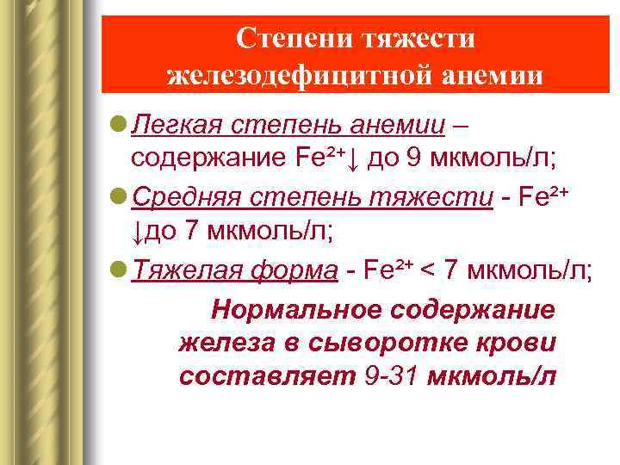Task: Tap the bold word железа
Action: (228, 343)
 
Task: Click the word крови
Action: (516, 343)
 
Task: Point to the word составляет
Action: (267, 376)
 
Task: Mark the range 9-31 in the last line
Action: (390, 376)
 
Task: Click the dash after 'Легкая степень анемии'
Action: (461, 126)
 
